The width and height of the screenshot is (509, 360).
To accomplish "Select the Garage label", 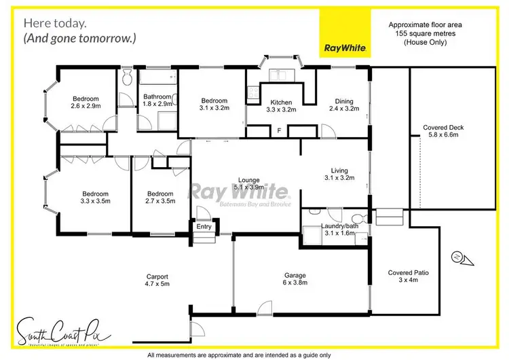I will pyautogui.click(x=295, y=279).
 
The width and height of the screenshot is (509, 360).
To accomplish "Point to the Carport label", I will pyautogui.click(x=157, y=280).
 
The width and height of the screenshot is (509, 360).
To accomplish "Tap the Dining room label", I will pyautogui.click(x=342, y=104).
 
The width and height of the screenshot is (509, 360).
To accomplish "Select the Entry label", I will pyautogui.click(x=204, y=227).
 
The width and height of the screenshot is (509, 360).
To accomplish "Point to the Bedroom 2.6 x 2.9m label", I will pyautogui.click(x=85, y=103).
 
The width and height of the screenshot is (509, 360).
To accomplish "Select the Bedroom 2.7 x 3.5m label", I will pyautogui.click(x=161, y=197).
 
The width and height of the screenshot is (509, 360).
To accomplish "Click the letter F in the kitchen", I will pyautogui.click(x=280, y=130).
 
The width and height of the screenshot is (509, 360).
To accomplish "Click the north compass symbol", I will pyautogui.click(x=457, y=257).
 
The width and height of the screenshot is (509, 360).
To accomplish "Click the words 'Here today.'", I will pyautogui.click(x=54, y=23).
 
